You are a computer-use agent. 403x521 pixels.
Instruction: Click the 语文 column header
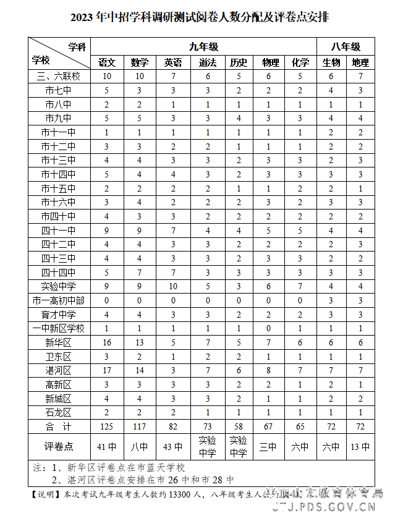107,62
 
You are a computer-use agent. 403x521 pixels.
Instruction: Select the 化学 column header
300,62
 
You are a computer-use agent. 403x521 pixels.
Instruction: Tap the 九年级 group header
203,46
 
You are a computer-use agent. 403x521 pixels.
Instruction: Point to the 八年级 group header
345,46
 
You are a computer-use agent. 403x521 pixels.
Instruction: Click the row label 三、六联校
59,76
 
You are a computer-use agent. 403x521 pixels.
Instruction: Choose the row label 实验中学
59,286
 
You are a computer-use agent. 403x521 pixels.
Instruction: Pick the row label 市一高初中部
59,300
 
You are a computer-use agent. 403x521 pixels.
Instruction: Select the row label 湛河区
59,370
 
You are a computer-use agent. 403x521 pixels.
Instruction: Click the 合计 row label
59,426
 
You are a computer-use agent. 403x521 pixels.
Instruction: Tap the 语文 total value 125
107,426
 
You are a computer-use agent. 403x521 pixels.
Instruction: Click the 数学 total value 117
140,426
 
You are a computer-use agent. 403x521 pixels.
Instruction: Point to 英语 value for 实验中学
173,286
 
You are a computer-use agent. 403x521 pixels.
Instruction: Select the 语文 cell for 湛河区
107,370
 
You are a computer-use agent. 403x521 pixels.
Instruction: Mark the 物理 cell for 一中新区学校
269,328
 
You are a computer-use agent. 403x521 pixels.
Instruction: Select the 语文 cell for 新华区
107,342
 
